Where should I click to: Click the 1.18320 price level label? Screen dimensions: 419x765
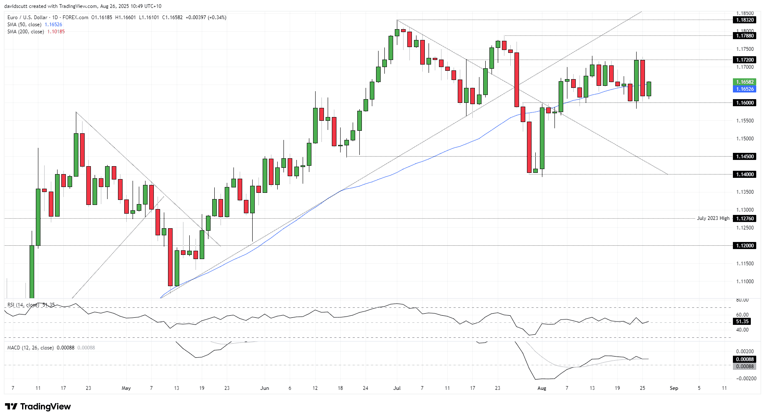(745, 20)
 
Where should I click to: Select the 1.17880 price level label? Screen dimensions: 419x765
(745, 36)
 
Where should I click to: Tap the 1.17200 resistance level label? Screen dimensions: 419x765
(745, 60)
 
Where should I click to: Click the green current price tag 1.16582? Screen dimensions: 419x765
(745, 82)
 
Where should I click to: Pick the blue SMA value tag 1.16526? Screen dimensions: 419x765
(745, 89)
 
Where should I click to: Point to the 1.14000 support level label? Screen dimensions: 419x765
(745, 175)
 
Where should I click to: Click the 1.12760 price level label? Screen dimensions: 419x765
(745, 219)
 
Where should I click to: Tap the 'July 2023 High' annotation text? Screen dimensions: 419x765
(713, 218)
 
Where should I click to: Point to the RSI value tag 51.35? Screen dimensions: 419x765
(742, 322)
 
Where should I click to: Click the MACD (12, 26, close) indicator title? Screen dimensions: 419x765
(30, 348)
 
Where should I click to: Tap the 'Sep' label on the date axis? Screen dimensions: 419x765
(674, 388)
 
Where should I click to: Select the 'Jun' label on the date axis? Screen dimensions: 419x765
(264, 388)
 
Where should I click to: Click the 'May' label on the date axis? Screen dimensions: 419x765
(126, 388)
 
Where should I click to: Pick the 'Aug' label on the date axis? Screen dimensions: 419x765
(542, 388)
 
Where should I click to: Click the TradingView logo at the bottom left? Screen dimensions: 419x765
(38, 407)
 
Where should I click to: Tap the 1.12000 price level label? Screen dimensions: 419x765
(745, 246)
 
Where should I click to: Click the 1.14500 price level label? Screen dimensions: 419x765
(745, 157)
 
